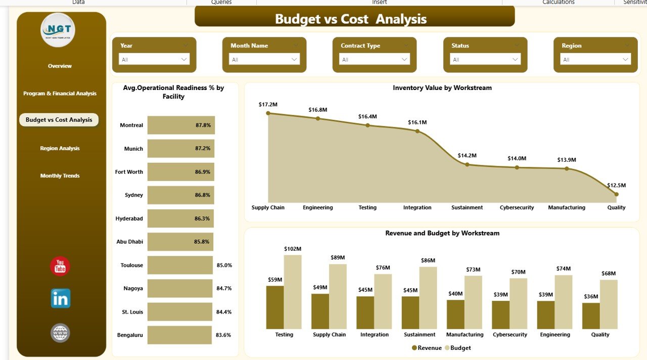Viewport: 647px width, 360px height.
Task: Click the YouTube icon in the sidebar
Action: tap(60, 266)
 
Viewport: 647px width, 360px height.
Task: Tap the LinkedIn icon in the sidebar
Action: tap(61, 298)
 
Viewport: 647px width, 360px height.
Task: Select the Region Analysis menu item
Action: tap(60, 149)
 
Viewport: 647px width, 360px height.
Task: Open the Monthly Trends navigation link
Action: tap(60, 176)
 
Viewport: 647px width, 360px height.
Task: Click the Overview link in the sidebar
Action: tap(60, 66)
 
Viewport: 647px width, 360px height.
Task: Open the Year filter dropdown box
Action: tap(154, 59)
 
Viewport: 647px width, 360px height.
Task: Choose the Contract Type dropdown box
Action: tap(375, 59)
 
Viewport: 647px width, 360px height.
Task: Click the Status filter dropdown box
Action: tap(485, 59)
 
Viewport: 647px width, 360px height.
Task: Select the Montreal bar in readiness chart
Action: tap(181, 125)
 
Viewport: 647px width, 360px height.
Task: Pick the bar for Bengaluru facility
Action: tap(179, 335)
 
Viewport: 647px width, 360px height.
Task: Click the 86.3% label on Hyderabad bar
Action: tap(202, 218)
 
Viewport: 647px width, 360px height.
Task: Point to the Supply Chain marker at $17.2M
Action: tap(268, 113)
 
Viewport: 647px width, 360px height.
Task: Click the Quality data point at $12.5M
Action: tap(616, 194)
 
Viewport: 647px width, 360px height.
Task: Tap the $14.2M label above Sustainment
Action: tap(467, 156)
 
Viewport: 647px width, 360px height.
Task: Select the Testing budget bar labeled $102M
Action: tap(293, 292)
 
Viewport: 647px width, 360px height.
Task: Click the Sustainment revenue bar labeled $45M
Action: tap(410, 312)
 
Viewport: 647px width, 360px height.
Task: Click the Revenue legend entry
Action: tap(427, 348)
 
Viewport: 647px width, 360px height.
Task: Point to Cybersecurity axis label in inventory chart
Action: tap(517, 208)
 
